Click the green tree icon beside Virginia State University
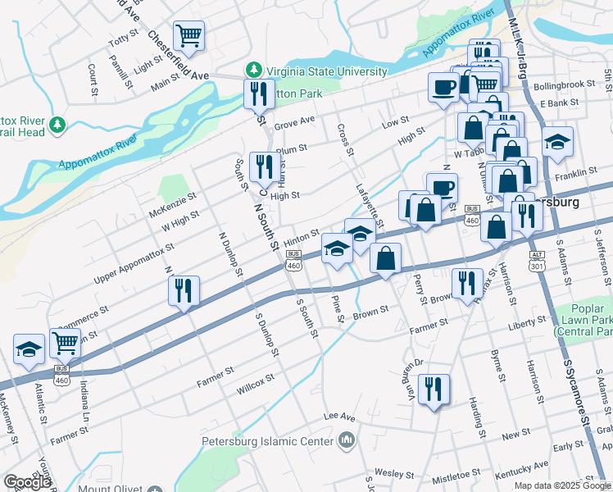click(x=254, y=71)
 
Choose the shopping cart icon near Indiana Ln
click(x=65, y=343)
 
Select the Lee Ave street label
click(x=339, y=416)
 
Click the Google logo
click(x=27, y=482)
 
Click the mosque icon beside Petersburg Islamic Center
click(x=347, y=441)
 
